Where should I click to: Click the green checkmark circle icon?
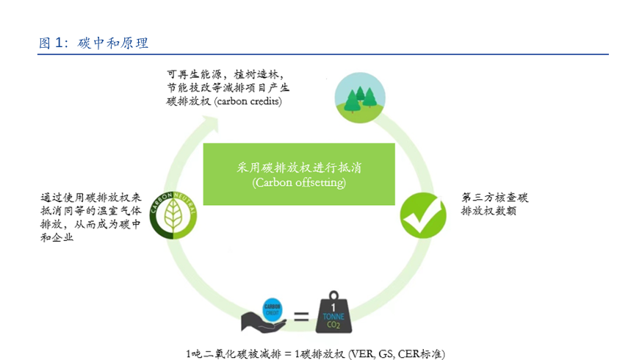click(422, 215)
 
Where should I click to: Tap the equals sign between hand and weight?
click(301, 317)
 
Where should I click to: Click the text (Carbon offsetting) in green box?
click(299, 181)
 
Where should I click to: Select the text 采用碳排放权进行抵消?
click(299, 168)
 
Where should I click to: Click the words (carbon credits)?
click(249, 101)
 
